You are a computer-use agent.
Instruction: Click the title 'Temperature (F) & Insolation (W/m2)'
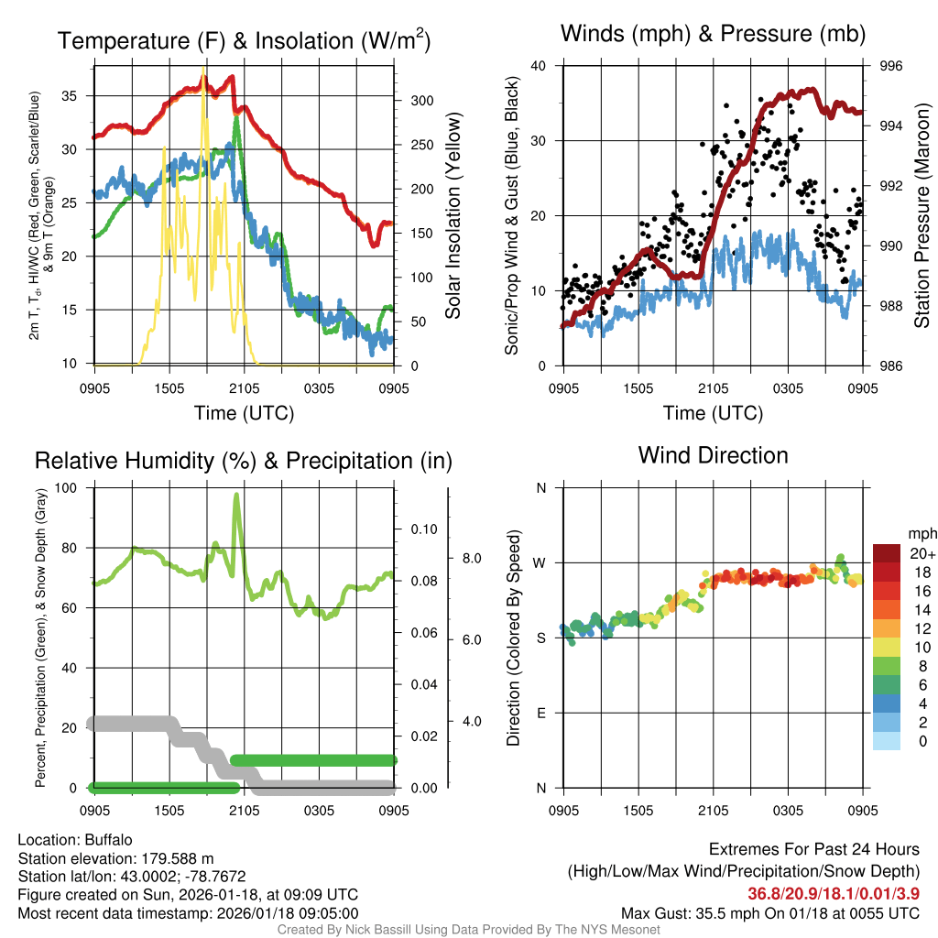point(244,40)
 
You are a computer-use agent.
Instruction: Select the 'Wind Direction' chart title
point(713,454)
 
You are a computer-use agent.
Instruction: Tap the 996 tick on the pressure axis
point(891,66)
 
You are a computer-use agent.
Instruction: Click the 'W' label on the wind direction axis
point(540,562)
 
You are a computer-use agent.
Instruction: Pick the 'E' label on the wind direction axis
point(540,713)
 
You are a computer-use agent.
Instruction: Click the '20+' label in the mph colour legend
point(921,553)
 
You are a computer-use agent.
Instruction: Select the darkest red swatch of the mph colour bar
point(889,553)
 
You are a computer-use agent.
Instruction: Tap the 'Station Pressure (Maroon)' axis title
point(922,215)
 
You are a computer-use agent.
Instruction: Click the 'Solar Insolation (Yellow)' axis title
point(453,216)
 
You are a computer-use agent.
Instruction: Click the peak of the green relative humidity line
point(236,496)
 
